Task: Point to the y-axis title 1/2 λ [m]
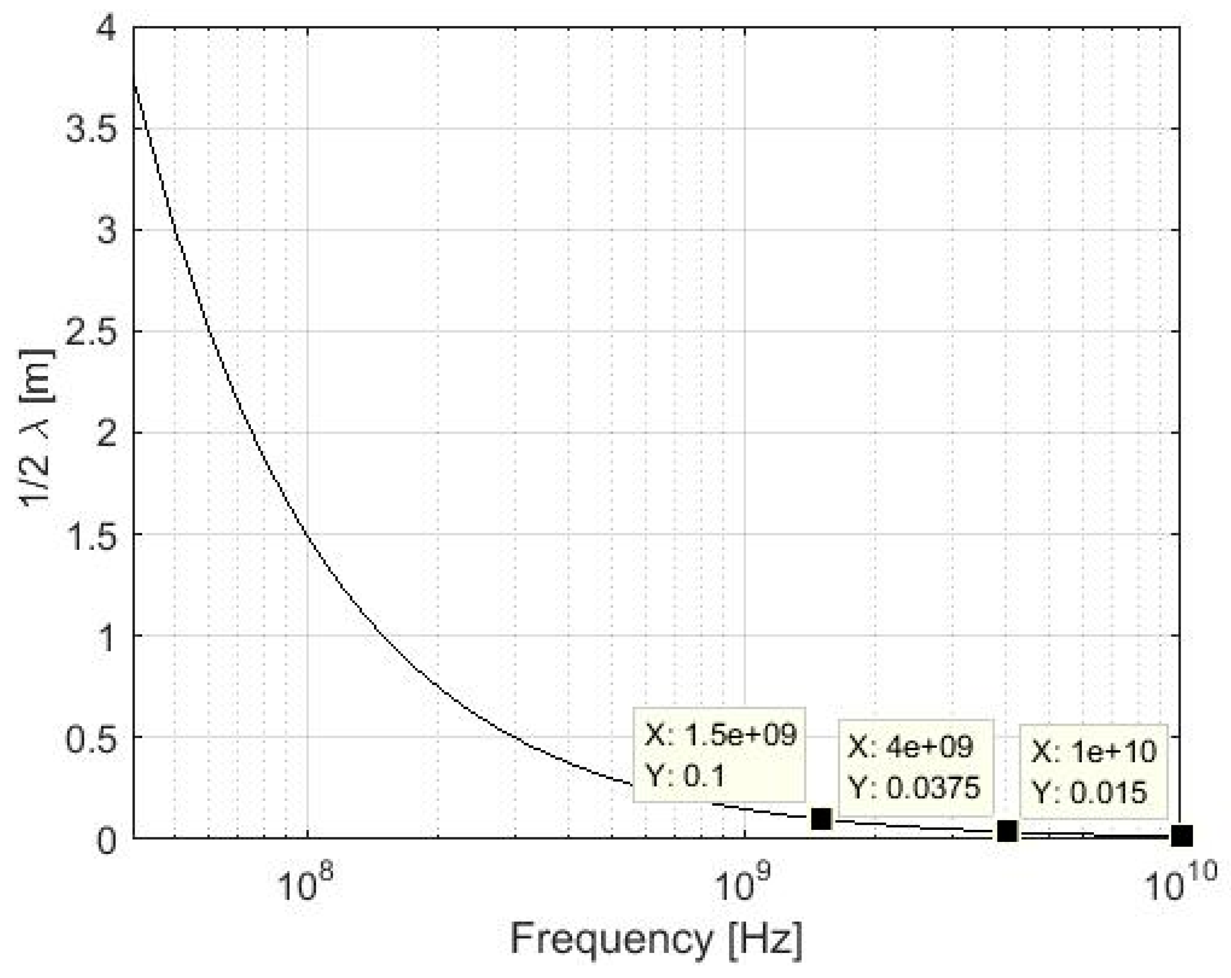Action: tap(38, 428)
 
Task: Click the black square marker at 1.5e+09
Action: tap(821, 819)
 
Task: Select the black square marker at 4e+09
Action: tap(1007, 831)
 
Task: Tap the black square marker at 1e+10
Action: tap(1181, 836)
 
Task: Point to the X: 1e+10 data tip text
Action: tap(1094, 752)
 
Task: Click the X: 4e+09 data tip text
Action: tap(910, 746)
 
